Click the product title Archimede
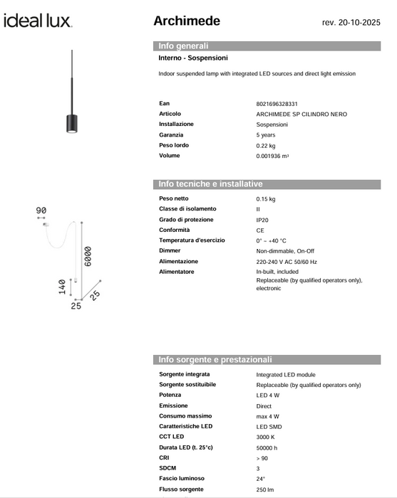coord(187,21)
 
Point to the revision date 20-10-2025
coord(351,23)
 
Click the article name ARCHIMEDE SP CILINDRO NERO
coord(302,114)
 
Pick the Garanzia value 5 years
coord(267,134)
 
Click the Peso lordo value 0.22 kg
coord(266,145)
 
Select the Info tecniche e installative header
coord(211,184)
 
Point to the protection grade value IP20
coord(263,220)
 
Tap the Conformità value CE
coord(260,231)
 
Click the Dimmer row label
coord(170,251)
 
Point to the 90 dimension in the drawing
coord(41,211)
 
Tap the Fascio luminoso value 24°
coord(261,478)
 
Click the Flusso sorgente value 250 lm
coord(265,489)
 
